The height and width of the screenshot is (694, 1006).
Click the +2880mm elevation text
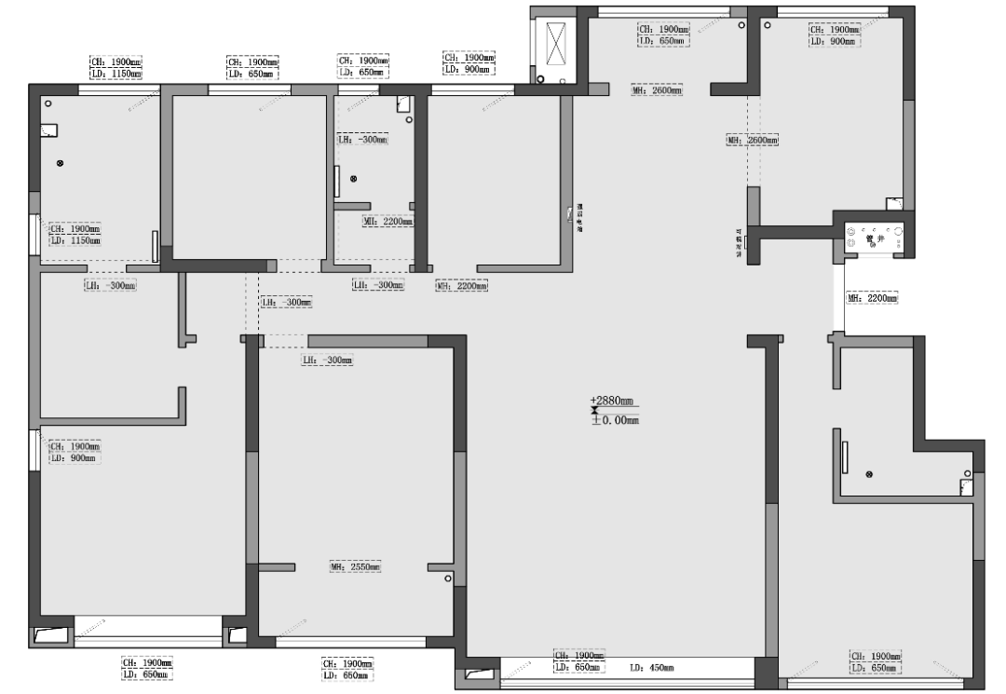[612, 401]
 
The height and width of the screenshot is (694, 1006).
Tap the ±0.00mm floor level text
[615, 420]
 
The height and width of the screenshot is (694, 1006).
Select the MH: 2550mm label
[355, 566]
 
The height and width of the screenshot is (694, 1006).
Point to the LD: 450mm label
[651, 668]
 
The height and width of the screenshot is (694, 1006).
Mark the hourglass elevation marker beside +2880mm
[593, 411]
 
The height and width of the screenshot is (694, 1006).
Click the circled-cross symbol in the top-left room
[61, 163]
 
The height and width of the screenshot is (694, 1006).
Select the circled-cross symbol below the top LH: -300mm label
[353, 178]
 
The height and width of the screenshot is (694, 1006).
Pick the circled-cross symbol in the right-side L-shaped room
[869, 475]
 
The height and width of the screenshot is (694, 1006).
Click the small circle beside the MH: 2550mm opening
[448, 579]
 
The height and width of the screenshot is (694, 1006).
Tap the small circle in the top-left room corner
[48, 103]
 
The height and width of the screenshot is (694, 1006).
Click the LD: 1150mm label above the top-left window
[116, 73]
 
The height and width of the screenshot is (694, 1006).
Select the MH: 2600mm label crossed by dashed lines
[752, 140]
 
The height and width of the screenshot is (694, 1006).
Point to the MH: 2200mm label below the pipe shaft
[872, 299]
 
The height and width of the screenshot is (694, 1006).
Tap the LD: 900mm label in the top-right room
[833, 41]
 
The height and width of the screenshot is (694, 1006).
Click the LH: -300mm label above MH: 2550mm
[327, 360]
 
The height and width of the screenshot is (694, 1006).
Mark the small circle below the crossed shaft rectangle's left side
[536, 80]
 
